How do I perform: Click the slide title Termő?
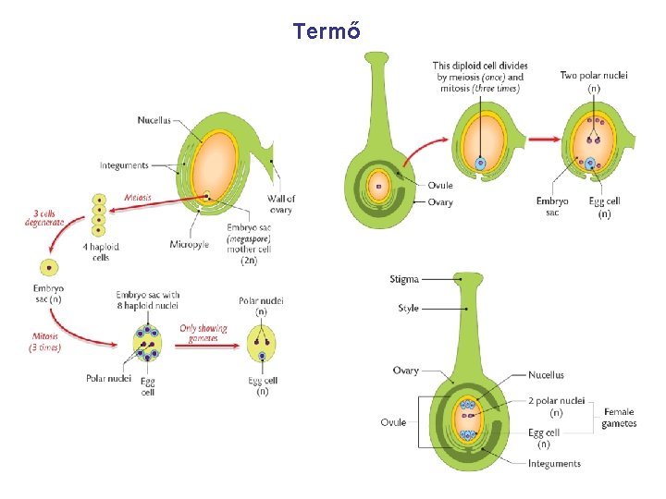tap(327, 31)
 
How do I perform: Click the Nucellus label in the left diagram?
tap(154, 120)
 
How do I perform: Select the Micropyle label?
tap(188, 245)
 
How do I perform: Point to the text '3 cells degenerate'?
tap(44, 217)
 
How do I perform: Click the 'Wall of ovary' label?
tap(281, 204)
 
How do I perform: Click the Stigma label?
tap(404, 279)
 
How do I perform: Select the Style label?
tap(408, 309)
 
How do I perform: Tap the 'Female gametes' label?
tap(619, 418)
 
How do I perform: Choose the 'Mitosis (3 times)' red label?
tap(44, 342)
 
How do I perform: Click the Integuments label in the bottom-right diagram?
tap(554, 464)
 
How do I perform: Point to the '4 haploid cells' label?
tap(100, 252)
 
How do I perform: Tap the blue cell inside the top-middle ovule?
tap(480, 164)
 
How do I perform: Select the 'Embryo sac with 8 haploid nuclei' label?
tap(147, 300)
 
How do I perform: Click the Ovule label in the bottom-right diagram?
tap(393, 422)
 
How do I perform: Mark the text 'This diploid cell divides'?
tap(480, 66)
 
